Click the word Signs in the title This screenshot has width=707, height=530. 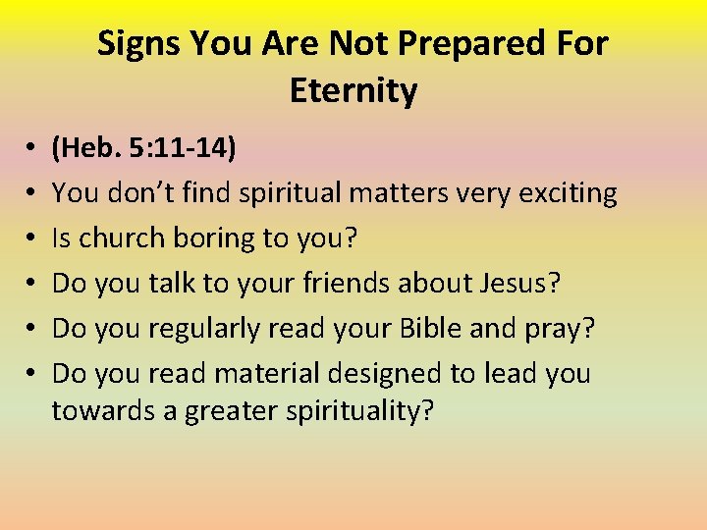tap(139, 43)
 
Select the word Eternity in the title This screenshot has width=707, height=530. tap(353, 90)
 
